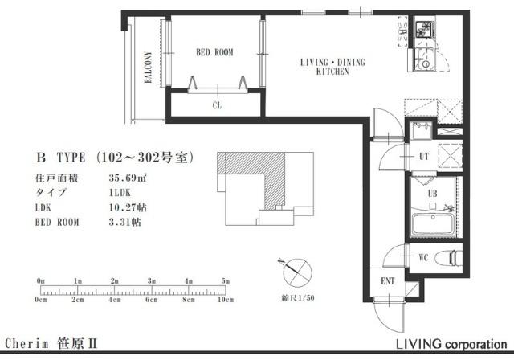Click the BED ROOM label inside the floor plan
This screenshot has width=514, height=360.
pyautogui.click(x=214, y=52)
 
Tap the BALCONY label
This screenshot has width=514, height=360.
pyautogui.click(x=148, y=67)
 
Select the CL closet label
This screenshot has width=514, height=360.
pyautogui.click(x=217, y=105)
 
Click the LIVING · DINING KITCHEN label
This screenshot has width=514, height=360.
pyautogui.click(x=332, y=67)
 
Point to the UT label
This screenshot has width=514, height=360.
pyautogui.click(x=424, y=157)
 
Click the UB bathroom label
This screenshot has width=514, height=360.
pyautogui.click(x=432, y=194)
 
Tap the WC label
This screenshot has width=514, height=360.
pyautogui.click(x=423, y=257)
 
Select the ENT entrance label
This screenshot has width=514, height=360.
pyautogui.click(x=388, y=281)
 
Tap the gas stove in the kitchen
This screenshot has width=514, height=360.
pyautogui.click(x=425, y=30)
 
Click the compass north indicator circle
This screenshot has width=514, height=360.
pyautogui.click(x=297, y=272)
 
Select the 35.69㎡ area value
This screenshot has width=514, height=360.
pyautogui.click(x=128, y=178)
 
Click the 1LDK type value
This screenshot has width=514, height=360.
pyautogui.click(x=120, y=193)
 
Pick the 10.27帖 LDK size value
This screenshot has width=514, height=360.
pyautogui.click(x=128, y=207)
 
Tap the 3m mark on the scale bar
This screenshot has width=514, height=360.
pyautogui.click(x=152, y=281)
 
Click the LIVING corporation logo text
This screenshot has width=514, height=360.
pyautogui.click(x=452, y=344)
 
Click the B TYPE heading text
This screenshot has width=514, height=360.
pyautogui.click(x=61, y=157)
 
